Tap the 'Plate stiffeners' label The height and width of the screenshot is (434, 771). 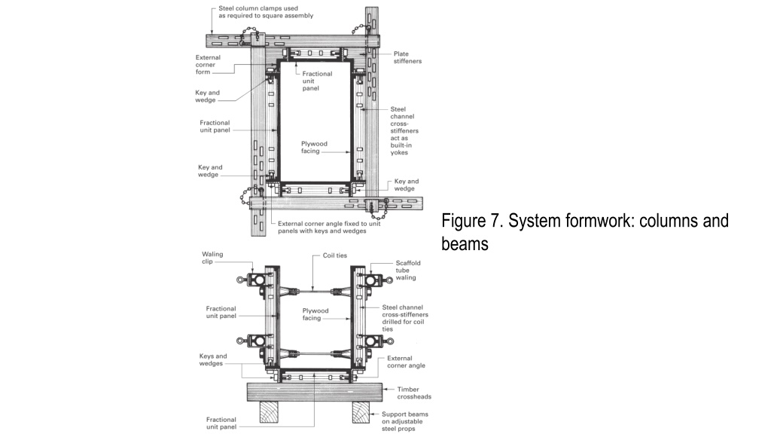tap(407, 57)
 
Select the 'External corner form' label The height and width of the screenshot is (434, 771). tap(208, 65)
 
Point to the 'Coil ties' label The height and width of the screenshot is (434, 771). tap(335, 255)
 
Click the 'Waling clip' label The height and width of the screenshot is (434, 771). tap(212, 258)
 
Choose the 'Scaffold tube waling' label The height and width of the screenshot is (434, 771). tap(408, 270)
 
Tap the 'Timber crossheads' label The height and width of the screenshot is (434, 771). tap(414, 393)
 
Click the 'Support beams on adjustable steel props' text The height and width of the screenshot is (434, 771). tap(404, 421)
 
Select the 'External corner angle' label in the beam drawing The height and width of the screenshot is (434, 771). tap(406, 362)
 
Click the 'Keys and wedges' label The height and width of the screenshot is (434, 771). tap(213, 359)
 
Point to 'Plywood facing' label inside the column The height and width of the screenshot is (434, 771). tap(314, 147)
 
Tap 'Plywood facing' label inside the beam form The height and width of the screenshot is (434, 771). tap(315, 314)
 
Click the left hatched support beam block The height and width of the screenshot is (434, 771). tap(269, 412)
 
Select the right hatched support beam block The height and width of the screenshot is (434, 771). tap(361, 412)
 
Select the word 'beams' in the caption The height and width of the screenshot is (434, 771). tap(465, 244)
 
